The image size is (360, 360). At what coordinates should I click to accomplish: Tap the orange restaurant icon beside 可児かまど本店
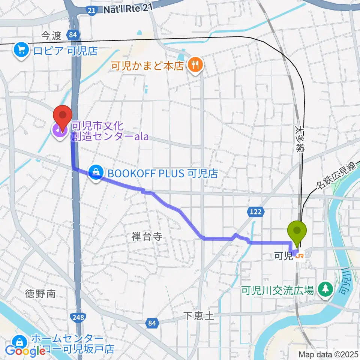pyautogui.click(x=195, y=66)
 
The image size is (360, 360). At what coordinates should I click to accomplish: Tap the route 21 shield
pyautogui.click(x=91, y=11)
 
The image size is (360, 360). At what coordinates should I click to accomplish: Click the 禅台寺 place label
pyautogui.click(x=147, y=236)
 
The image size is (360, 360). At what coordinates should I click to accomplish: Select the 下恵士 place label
pyautogui.click(x=199, y=316)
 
